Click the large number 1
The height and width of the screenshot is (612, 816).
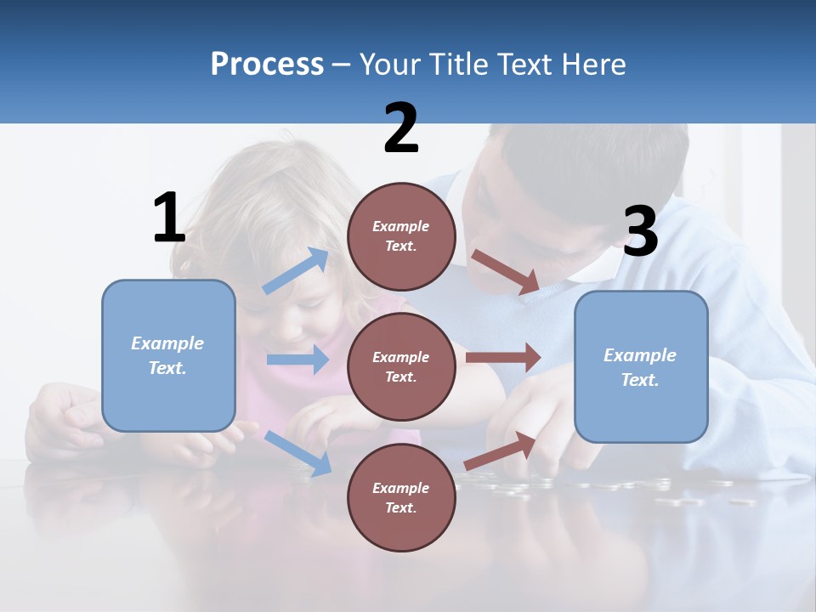[x=168, y=218]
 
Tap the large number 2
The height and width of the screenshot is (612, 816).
[x=401, y=128]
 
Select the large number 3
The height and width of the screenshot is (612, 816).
[x=640, y=232]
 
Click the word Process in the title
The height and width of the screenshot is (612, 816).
[x=267, y=64]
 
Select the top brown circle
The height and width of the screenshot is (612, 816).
[x=401, y=236]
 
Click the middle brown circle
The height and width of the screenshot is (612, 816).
[x=401, y=366]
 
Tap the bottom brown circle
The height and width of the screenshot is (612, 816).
[x=401, y=497]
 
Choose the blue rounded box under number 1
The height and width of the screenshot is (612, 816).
[x=168, y=356]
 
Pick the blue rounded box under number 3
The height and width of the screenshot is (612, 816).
[x=640, y=367]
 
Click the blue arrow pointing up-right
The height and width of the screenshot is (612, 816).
[x=296, y=271]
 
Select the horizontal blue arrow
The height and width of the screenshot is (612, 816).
[x=297, y=360]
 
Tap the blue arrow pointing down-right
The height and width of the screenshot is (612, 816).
[x=298, y=453]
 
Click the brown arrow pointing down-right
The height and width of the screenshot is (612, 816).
[x=506, y=272]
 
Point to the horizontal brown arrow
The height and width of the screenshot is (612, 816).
[x=503, y=358]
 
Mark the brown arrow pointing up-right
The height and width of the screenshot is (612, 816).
[x=501, y=451]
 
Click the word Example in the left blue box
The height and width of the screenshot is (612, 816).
[x=167, y=343]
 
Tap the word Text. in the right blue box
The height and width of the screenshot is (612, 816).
[x=640, y=380]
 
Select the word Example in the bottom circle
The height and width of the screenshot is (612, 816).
[x=400, y=488]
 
